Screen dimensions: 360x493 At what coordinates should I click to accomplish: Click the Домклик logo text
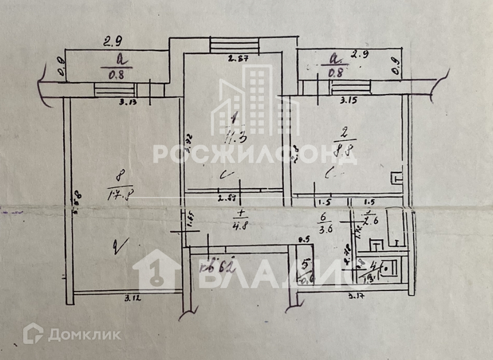(x=84, y=334)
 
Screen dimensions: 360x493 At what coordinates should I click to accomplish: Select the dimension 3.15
(x=349, y=101)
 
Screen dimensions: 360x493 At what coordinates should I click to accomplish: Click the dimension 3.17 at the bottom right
(x=356, y=295)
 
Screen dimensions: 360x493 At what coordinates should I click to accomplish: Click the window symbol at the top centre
(x=235, y=45)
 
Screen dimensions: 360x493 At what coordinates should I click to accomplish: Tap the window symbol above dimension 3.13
(x=115, y=90)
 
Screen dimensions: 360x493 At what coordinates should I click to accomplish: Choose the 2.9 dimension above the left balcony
(x=113, y=42)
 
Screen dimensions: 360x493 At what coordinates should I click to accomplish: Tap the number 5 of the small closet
(x=305, y=262)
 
